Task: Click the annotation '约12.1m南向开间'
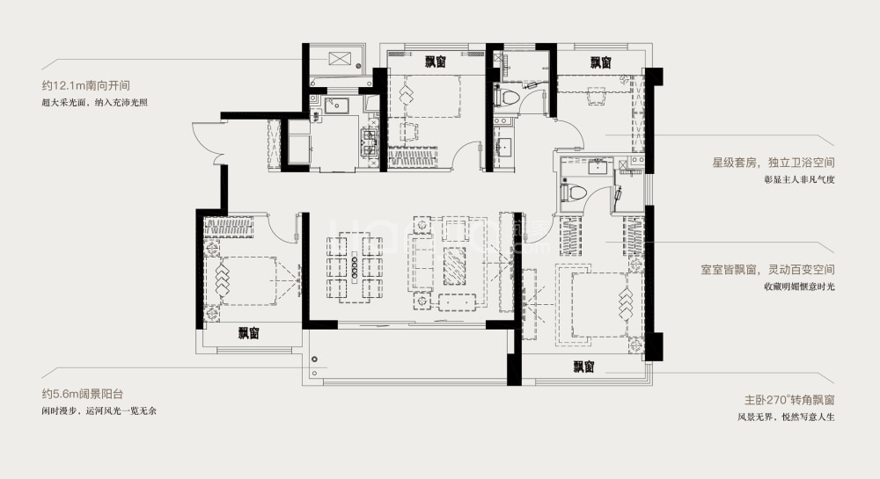coord(86,86)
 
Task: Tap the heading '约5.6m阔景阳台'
coord(82,394)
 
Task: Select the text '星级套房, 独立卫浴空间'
coord(774,163)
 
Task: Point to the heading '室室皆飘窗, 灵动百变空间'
coord(767,270)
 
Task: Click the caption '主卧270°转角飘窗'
coord(789,400)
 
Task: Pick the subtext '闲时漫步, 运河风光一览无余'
coord(99,410)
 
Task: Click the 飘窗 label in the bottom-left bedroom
coord(248,333)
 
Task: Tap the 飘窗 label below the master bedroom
coord(583,367)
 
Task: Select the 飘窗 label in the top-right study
coord(600,62)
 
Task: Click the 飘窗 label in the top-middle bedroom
coord(435,62)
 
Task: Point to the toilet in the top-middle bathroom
coord(507,96)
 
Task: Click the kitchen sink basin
coord(335,105)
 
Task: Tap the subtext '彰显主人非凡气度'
coord(799,180)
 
